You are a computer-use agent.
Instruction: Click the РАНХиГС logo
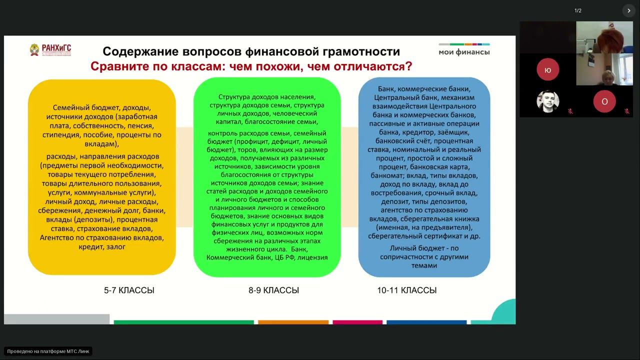tap(50, 50)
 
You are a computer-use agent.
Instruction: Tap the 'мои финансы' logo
tap(464, 49)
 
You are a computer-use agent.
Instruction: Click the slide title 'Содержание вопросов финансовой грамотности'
tap(251, 51)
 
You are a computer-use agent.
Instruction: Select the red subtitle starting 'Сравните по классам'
tap(251, 66)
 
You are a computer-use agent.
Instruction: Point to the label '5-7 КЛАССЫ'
tap(129, 290)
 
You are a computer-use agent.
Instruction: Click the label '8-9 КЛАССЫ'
tap(273, 290)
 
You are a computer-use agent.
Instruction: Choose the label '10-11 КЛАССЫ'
tap(406, 290)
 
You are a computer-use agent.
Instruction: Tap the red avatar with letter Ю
tap(547, 69)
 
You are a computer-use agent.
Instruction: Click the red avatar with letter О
tap(604, 101)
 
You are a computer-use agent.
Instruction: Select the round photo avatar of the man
tap(547, 101)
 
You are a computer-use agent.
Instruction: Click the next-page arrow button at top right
tap(628, 10)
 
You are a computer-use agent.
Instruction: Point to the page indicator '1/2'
tap(578, 10)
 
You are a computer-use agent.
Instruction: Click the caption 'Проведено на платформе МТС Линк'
tap(48, 351)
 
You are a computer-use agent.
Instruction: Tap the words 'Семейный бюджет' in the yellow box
tap(77, 107)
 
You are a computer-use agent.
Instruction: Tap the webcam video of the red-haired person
tap(604, 36)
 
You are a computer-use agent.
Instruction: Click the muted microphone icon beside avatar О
tap(626, 111)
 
